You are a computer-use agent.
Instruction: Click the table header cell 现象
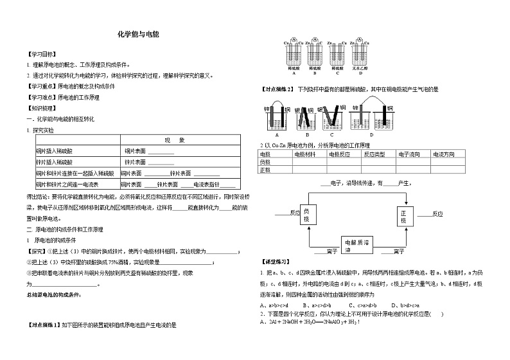point(175,139)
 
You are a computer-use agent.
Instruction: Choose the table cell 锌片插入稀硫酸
point(55,162)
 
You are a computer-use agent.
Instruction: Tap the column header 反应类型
point(374,154)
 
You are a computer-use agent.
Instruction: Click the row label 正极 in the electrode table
point(265,170)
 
